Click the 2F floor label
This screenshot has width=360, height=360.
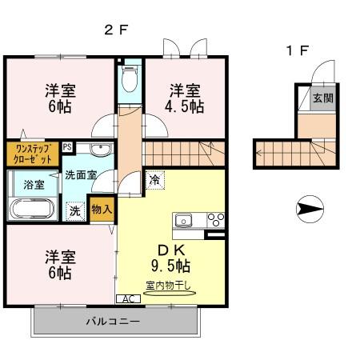point(116,30)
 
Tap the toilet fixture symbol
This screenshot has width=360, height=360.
point(130,78)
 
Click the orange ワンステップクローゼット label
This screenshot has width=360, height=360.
point(33,153)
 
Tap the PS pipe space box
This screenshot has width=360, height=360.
point(67,146)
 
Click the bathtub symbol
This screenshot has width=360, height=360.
point(32,210)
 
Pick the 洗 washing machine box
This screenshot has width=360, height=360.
point(74,211)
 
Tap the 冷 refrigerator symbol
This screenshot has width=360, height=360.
point(154,181)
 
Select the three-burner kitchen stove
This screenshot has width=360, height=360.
point(214,219)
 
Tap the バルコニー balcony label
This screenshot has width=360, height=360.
point(113,322)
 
